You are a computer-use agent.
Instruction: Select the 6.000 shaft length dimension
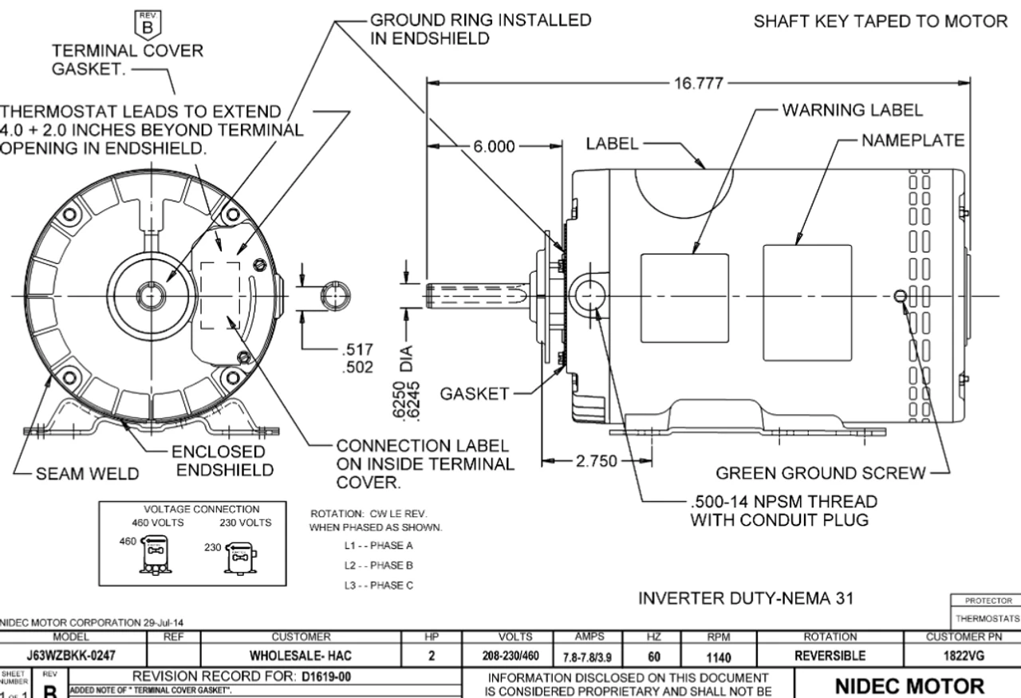pos(495,147)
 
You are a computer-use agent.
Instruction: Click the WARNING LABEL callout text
pos(853,110)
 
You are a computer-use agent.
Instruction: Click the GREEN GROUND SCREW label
pos(821,474)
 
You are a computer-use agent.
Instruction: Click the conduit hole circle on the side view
pos(589,296)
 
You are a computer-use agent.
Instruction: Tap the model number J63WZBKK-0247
pos(75,656)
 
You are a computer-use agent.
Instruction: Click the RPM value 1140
pos(718,656)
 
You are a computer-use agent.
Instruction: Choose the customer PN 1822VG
pos(962,656)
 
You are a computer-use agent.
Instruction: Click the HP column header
pos(432,638)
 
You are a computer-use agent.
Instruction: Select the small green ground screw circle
pos(900,297)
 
